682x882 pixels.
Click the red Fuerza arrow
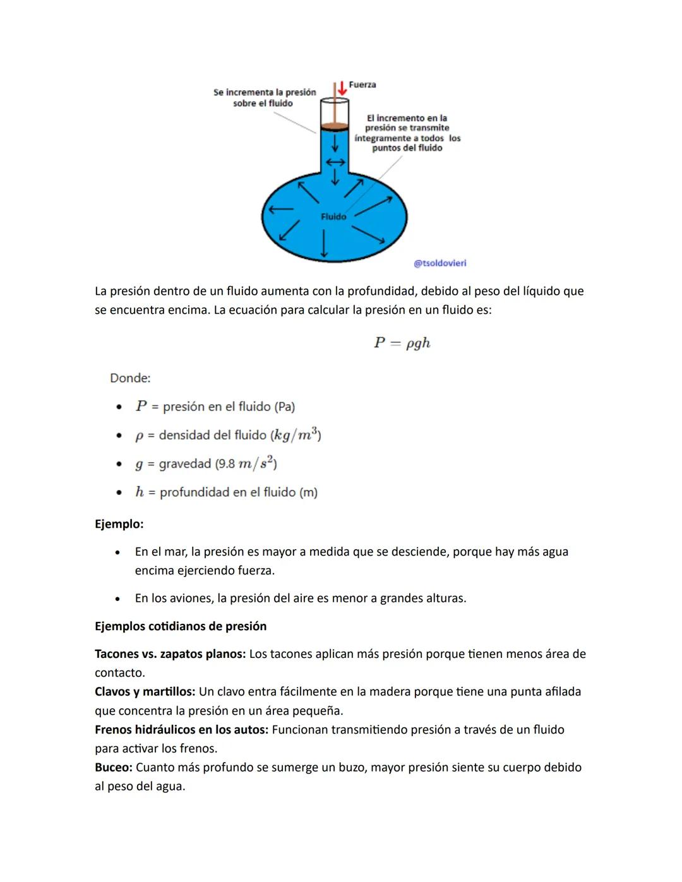[x=342, y=88]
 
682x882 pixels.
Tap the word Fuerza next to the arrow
[x=362, y=85]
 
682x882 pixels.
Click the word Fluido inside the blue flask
[x=333, y=217]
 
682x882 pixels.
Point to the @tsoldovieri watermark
[x=440, y=263]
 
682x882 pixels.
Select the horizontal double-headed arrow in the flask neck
[x=335, y=162]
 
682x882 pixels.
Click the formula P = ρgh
[x=402, y=343]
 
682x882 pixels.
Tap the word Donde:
[x=130, y=378]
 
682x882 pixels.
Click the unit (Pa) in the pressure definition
[x=284, y=407]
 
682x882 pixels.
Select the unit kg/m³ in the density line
[x=296, y=435]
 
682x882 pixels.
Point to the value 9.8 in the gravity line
[x=225, y=464]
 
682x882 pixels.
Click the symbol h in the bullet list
[x=140, y=492]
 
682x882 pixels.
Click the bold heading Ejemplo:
[x=119, y=524]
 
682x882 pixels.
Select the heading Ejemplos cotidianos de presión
[x=181, y=626]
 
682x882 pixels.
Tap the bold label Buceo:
[x=114, y=768]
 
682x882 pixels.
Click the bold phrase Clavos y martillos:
[x=145, y=692]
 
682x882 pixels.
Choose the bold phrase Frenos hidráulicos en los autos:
[x=181, y=730]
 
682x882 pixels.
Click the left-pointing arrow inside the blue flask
[x=281, y=209]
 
